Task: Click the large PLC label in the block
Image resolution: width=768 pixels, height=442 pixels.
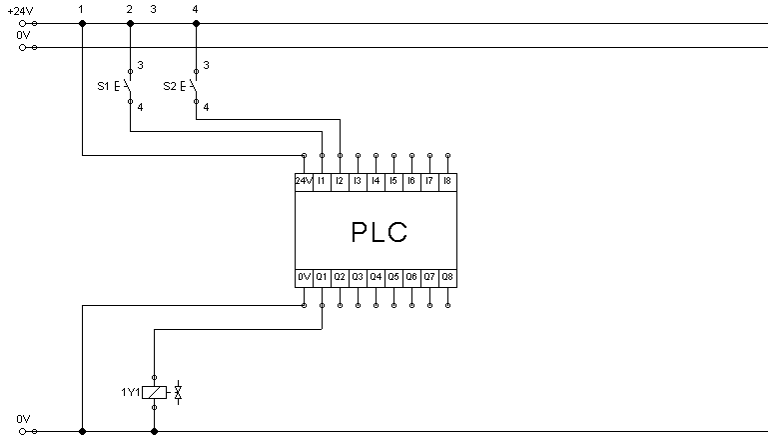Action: point(380,232)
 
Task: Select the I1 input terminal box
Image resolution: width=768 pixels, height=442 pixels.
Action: point(322,182)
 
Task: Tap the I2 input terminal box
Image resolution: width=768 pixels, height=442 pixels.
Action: point(340,182)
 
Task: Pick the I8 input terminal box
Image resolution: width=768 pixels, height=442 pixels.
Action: point(448,182)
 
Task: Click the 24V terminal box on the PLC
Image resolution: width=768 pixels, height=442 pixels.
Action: point(304,182)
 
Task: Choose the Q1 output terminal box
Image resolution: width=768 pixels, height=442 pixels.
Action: point(322,278)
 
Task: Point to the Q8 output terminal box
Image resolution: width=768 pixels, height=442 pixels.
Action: point(448,278)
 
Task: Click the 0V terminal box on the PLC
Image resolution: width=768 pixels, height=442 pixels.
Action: point(304,278)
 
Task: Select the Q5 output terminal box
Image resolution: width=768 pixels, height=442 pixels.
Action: point(393,278)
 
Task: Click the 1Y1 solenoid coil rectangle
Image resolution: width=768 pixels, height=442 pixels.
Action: point(154,392)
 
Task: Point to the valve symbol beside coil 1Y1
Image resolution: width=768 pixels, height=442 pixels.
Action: point(179,392)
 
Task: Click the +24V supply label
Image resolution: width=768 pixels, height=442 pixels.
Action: point(20,11)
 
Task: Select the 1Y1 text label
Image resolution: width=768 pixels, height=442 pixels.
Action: point(130,392)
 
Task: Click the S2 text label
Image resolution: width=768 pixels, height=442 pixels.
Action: point(170,86)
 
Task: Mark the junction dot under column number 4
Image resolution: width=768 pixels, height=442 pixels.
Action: point(196,24)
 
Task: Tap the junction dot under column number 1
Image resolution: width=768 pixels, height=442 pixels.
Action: point(82,24)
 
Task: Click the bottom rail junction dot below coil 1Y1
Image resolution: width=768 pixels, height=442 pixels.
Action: point(154,432)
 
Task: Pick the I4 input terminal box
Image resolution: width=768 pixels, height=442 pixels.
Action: point(376,182)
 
